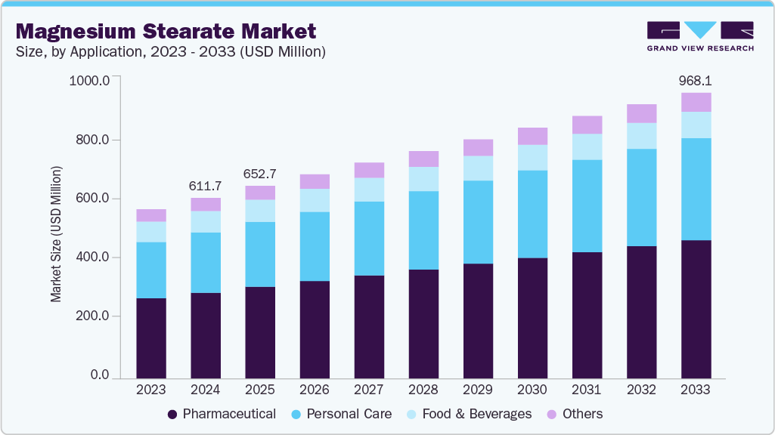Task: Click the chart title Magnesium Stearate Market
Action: tap(166, 31)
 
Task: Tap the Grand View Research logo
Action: tap(699, 35)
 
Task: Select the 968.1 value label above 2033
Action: tap(696, 80)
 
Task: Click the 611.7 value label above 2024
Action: tap(206, 186)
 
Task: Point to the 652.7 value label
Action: tap(260, 174)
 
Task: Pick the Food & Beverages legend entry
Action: tap(475, 414)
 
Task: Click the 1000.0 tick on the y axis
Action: tap(89, 81)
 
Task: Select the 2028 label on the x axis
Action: tap(423, 390)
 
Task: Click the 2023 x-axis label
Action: tap(151, 390)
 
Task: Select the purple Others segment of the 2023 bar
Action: tap(151, 215)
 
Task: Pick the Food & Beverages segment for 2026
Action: tap(315, 200)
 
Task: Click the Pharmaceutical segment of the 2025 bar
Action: tap(260, 332)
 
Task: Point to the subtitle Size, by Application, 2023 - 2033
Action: tap(170, 52)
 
